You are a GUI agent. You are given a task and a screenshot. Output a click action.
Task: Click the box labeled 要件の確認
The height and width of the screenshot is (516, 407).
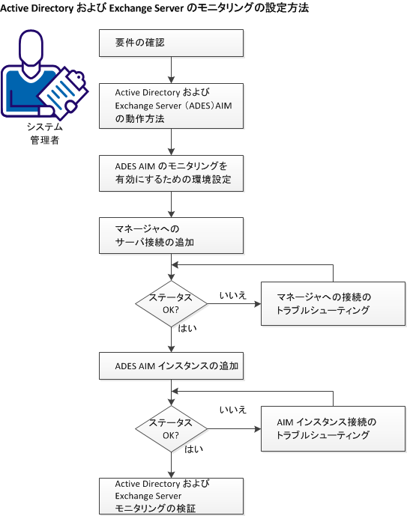(172, 43)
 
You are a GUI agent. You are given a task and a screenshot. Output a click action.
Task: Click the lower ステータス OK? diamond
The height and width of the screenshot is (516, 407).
(172, 428)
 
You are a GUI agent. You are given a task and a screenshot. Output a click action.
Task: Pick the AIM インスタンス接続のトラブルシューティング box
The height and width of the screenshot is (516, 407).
(333, 428)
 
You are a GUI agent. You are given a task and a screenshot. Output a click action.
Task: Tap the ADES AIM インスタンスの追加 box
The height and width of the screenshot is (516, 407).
(172, 367)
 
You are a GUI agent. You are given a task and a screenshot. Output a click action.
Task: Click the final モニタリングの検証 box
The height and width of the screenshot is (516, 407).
(172, 496)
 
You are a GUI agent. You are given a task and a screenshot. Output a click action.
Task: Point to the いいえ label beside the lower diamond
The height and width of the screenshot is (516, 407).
(234, 410)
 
